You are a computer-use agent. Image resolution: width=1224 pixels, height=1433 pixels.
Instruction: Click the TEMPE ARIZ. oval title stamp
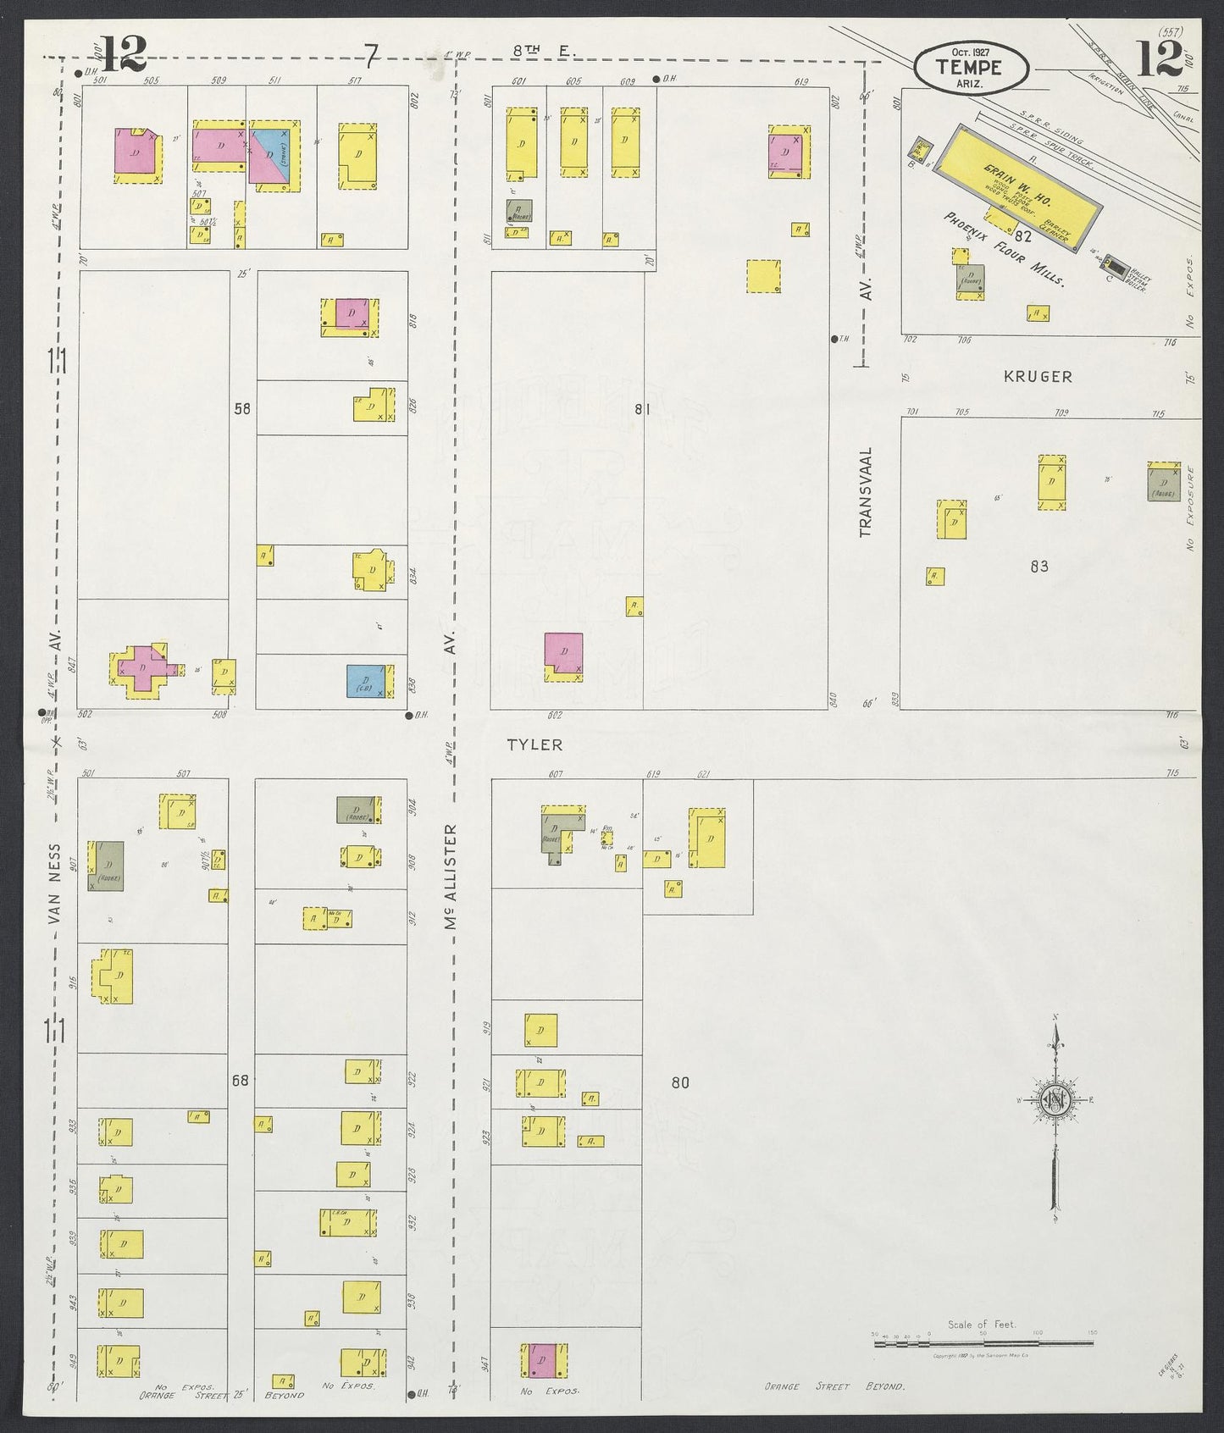(x=971, y=65)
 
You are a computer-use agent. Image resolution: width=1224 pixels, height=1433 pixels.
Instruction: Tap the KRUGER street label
(x=1038, y=377)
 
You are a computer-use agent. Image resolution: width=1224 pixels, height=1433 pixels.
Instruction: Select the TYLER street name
(x=534, y=744)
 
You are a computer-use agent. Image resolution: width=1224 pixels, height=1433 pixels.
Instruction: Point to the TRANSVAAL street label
(x=865, y=492)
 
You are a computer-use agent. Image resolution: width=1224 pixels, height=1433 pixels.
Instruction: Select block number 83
(x=1039, y=566)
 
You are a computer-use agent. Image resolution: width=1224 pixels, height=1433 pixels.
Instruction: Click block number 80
(x=680, y=1082)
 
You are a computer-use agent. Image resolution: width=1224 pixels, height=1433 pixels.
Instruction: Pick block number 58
(x=242, y=408)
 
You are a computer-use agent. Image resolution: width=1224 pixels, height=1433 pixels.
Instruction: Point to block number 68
(x=241, y=1080)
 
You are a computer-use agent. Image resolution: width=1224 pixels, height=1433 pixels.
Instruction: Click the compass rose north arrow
(x=1055, y=1101)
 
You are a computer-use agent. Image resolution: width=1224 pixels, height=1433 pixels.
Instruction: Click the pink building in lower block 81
(x=563, y=653)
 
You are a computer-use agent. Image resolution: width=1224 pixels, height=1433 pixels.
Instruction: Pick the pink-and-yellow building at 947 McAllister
(x=543, y=1359)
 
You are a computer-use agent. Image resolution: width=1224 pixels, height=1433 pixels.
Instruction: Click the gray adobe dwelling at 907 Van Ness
(x=108, y=866)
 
